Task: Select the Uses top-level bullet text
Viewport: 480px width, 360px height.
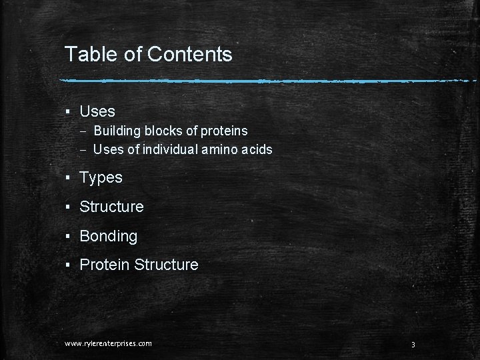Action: click(97, 111)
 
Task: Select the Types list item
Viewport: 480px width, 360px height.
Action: click(101, 177)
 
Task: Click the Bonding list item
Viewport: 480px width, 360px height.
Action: click(108, 236)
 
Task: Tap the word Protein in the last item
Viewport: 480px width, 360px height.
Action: click(105, 265)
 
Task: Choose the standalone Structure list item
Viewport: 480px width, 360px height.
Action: click(111, 207)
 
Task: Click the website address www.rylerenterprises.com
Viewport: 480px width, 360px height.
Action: click(108, 343)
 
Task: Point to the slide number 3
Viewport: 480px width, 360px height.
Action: click(413, 345)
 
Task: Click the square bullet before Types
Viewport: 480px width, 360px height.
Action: click(68, 178)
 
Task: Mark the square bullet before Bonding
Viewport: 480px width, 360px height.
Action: click(68, 237)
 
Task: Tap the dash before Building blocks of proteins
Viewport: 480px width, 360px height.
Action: click(83, 131)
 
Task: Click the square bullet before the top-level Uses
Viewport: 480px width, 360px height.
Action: click(68, 112)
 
